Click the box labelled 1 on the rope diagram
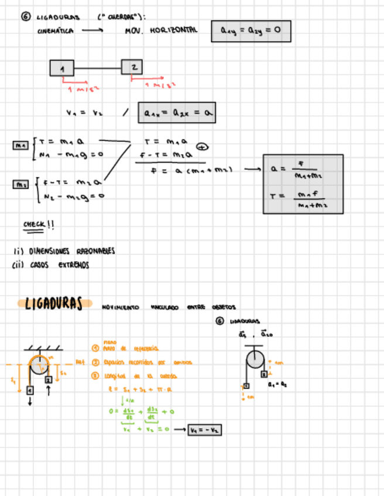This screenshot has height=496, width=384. (x=62, y=68)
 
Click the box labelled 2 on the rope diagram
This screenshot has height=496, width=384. (x=132, y=67)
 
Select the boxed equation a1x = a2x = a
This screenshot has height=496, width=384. (x=176, y=113)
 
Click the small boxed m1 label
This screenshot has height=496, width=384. (x=20, y=143)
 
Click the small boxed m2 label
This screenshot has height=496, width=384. (x=20, y=185)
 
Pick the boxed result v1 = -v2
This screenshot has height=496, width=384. (x=204, y=430)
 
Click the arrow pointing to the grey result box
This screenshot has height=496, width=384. (x=251, y=170)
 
